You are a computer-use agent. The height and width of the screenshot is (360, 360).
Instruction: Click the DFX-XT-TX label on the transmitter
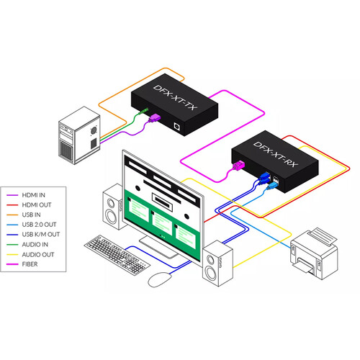(x=175, y=97)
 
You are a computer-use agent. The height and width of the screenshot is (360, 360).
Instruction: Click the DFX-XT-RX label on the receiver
(x=276, y=154)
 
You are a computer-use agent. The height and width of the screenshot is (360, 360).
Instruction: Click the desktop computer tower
(x=79, y=135)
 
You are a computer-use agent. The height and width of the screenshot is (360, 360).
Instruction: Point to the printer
(x=314, y=253)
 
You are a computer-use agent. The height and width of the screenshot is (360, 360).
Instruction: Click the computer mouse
(x=160, y=279)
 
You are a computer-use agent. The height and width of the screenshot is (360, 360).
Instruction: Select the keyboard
(x=117, y=255)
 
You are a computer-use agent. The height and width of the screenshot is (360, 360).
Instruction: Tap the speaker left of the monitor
(x=114, y=207)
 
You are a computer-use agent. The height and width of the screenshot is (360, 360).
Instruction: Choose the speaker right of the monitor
(x=217, y=263)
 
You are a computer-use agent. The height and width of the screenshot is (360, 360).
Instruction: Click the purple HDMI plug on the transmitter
(x=154, y=118)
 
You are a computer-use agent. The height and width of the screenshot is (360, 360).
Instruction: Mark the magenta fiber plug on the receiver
(x=239, y=166)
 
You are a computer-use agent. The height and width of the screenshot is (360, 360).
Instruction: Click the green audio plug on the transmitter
(x=143, y=111)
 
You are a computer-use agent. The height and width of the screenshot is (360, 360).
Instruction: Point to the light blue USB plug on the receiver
(x=273, y=185)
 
